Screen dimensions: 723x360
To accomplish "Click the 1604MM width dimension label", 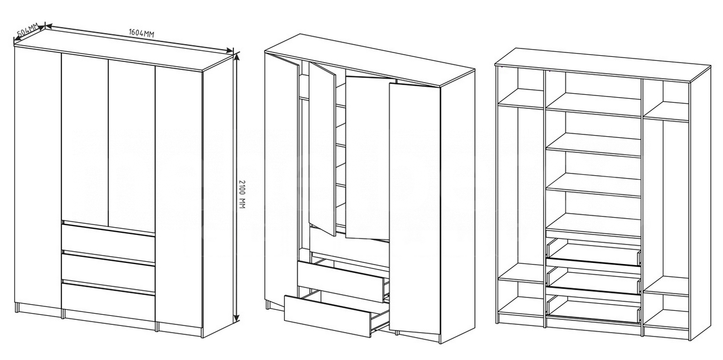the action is coord(141,33).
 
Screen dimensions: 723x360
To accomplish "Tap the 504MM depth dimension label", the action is coord(27,30).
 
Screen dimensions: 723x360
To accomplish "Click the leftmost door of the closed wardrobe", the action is coord(38,181).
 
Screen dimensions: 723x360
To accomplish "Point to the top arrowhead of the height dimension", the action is coord(237,57).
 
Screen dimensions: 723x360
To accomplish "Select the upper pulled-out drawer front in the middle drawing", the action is coord(340,282).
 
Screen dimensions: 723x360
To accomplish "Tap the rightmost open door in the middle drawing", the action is coord(414,209).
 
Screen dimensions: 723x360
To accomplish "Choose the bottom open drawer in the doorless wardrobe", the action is coord(594,310).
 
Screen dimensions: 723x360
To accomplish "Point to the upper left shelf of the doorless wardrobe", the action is coord(520,98).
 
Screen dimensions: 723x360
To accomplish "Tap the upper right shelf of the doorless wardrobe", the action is coord(667,112).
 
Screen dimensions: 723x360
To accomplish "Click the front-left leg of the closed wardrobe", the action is coord(17,308).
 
